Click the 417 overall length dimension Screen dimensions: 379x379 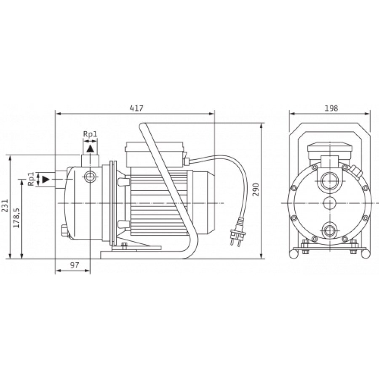point(136,108)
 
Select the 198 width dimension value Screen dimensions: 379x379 point(331,108)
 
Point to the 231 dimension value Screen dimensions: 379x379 point(5,206)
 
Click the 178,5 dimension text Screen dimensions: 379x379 point(16,218)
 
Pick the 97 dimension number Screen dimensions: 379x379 point(75,265)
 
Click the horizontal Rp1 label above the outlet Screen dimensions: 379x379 point(90,134)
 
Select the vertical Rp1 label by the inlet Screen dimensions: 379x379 point(31,179)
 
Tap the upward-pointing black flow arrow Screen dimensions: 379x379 point(91,149)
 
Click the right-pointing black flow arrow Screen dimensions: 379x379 point(45,179)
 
